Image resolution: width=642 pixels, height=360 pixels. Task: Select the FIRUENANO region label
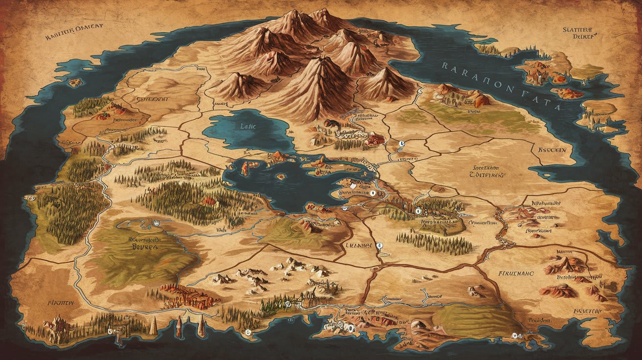point(515,273)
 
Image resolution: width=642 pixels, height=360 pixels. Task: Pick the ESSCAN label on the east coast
point(551,150)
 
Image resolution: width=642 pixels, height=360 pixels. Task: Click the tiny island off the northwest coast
point(75,82)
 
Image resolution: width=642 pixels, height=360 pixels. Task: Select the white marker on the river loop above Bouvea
point(156,223)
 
